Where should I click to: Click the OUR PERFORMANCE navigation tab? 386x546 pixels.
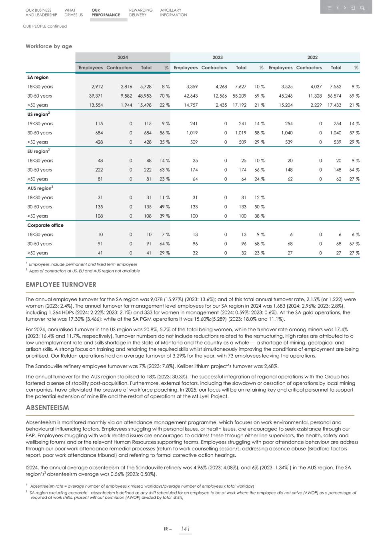pyautogui.click(x=105, y=12)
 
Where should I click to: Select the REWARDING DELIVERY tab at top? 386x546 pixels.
pyautogui.click(x=140, y=12)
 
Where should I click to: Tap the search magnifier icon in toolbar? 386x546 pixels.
pyautogui.click(x=362, y=8)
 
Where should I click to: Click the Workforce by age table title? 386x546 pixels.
pyautogui.click(x=49, y=46)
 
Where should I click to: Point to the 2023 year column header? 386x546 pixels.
pyautogui.click(x=218, y=58)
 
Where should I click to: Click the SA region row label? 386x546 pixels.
pyautogui.click(x=38, y=77)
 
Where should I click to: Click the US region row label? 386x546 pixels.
pyautogui.click(x=38, y=114)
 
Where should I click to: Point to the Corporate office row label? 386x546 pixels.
pyautogui.click(x=45, y=225)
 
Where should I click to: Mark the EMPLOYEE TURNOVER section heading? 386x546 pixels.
pyautogui.click(x=61, y=285)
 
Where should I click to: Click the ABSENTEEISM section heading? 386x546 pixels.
pyautogui.click(x=47, y=408)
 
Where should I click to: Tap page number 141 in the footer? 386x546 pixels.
pyautogui.click(x=185, y=529)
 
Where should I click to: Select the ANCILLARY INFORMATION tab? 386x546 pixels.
pyautogui.click(x=173, y=12)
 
